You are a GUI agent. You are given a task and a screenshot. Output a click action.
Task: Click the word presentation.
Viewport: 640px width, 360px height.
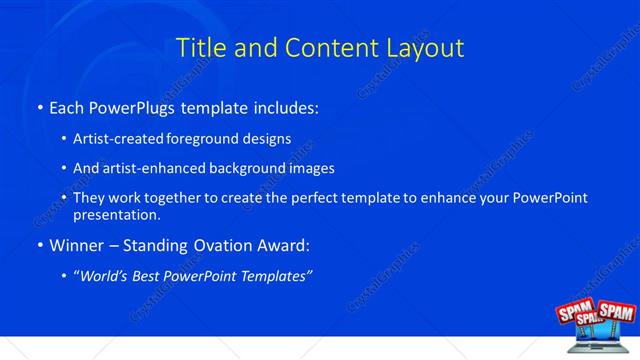(117, 214)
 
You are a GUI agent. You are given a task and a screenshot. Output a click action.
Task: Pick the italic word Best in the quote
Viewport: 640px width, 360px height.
(152, 275)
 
